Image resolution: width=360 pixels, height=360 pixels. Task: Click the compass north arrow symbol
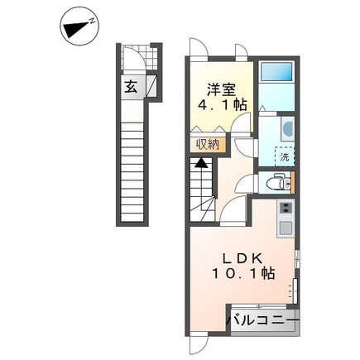pos(79,27)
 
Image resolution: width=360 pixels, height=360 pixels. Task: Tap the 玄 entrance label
pos(131,87)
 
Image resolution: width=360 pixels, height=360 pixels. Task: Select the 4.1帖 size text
pos(223,105)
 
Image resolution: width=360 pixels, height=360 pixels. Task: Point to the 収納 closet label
pos(208,144)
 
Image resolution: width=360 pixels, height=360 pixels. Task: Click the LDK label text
pos(242,258)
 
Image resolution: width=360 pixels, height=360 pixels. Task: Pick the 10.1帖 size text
pos(243,274)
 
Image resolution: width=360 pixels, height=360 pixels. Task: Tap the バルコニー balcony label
pos(263,321)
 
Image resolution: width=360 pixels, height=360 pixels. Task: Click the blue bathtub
pos(276,71)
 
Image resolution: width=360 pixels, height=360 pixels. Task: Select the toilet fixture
pos(279,182)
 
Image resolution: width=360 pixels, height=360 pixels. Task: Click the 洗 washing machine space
pos(285,156)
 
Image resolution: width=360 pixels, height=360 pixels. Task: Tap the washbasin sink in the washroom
pos(288,128)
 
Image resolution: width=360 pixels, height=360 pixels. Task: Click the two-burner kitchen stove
pos(286,208)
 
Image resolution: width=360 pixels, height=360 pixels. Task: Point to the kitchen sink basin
pos(286,228)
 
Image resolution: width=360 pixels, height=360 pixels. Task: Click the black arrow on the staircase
pos(201,163)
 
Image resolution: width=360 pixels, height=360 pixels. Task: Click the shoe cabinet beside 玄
pos(151,86)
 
